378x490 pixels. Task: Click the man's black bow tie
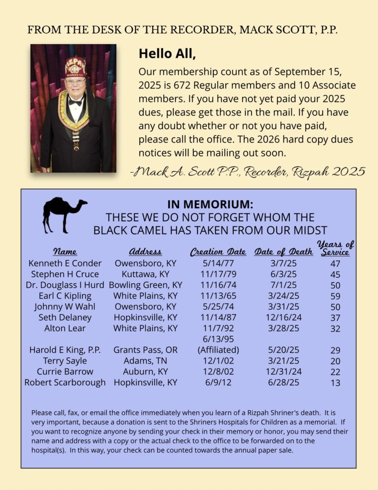(75, 101)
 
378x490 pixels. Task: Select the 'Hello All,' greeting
(167, 54)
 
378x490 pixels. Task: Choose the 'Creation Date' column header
(218, 252)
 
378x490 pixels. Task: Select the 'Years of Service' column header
(335, 248)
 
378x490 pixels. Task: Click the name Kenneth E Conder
(65, 263)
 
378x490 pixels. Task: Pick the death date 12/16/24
(284, 317)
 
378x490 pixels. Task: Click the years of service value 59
(335, 296)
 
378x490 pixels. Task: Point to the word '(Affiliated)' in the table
(218, 350)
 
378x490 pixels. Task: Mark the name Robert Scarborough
(65, 382)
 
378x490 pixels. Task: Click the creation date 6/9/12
(218, 382)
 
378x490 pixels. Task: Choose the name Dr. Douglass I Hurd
(65, 285)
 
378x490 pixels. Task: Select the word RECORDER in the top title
(201, 30)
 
